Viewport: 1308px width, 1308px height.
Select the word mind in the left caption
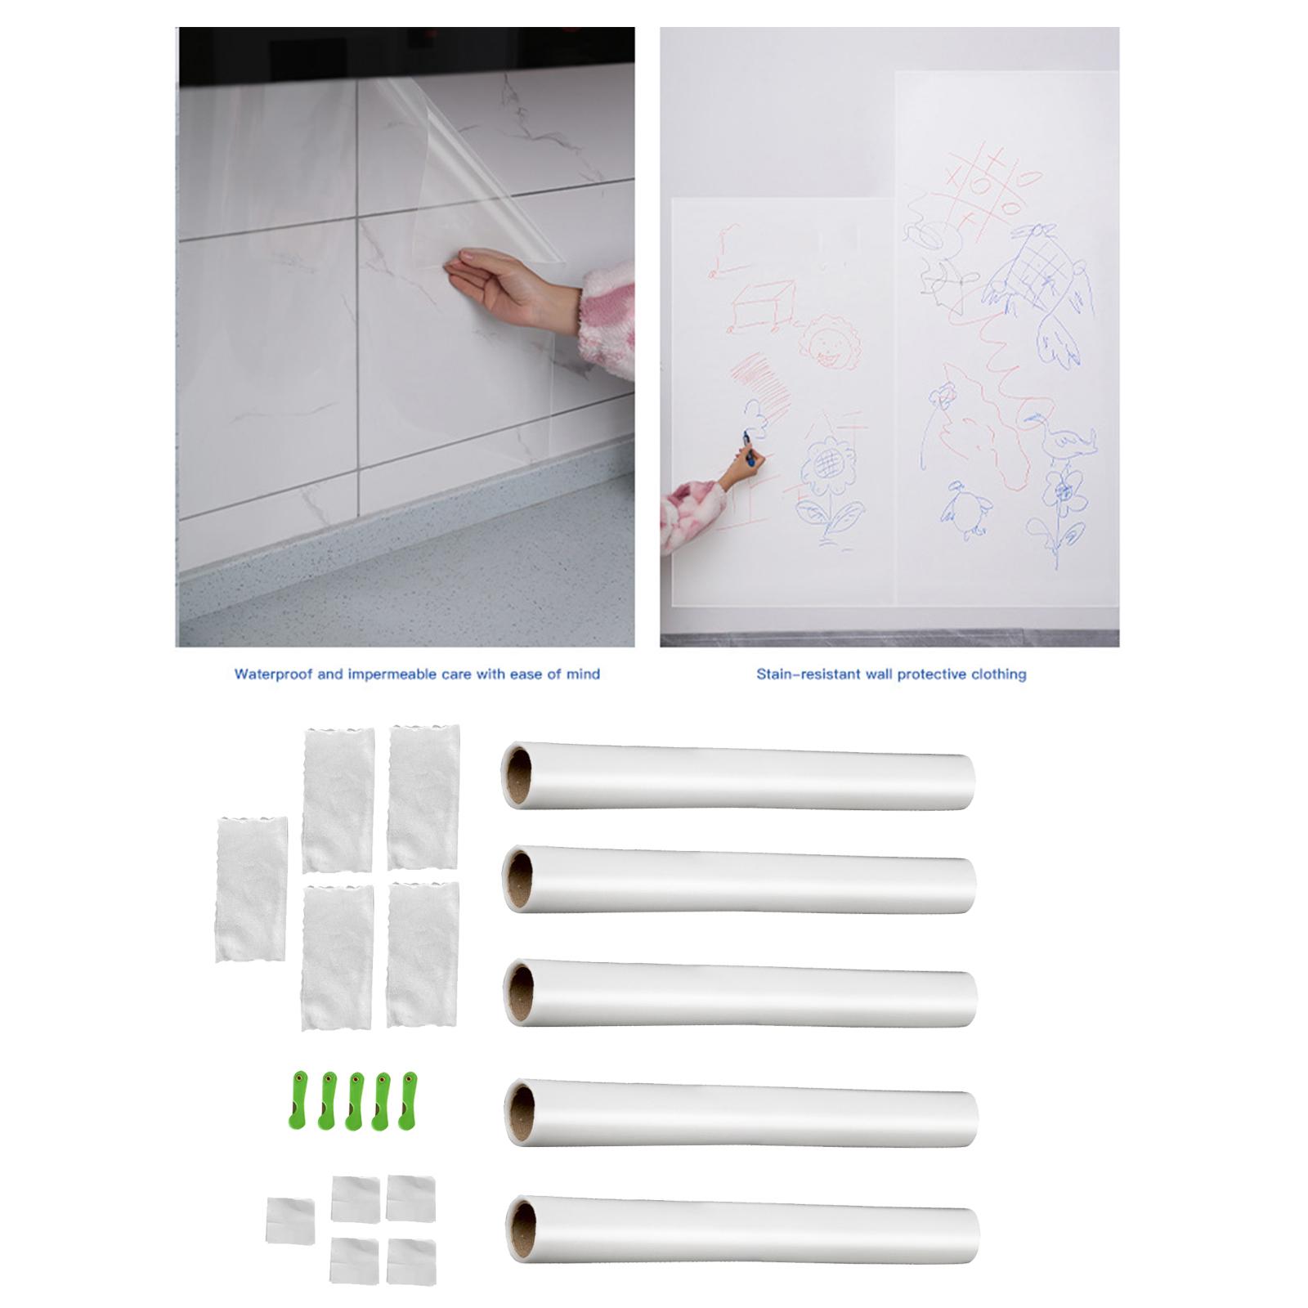pyautogui.click(x=583, y=674)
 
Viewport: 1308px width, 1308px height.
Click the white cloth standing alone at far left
pyautogui.click(x=252, y=888)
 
